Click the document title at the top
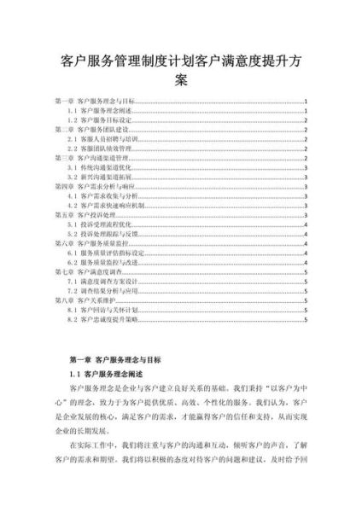[x=181, y=71]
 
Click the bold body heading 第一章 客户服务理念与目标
[x=114, y=361]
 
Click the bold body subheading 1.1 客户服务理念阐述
[x=106, y=375]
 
